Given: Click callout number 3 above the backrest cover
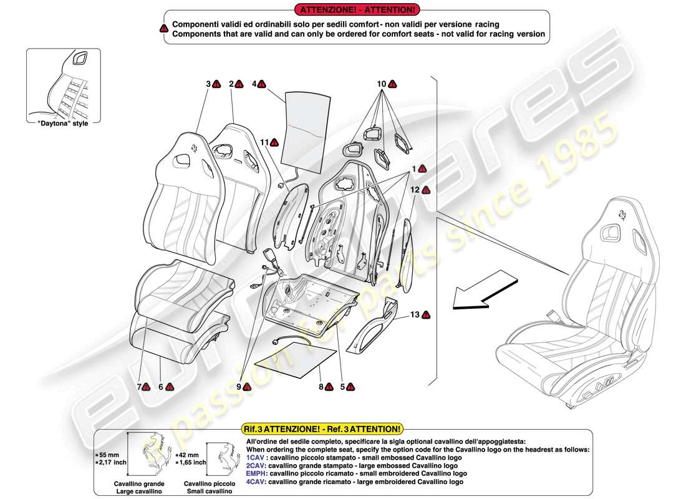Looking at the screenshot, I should click(208, 84).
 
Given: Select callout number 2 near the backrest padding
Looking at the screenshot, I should click(231, 84).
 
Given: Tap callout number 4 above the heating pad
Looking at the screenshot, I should click(255, 84).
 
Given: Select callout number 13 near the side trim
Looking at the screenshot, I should click(415, 315).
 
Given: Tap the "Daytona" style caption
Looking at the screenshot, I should click(59, 123).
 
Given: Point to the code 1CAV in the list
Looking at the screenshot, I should click(256, 457).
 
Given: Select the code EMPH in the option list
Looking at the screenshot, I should click(257, 473).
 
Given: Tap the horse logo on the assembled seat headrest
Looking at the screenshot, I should click(621, 213).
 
